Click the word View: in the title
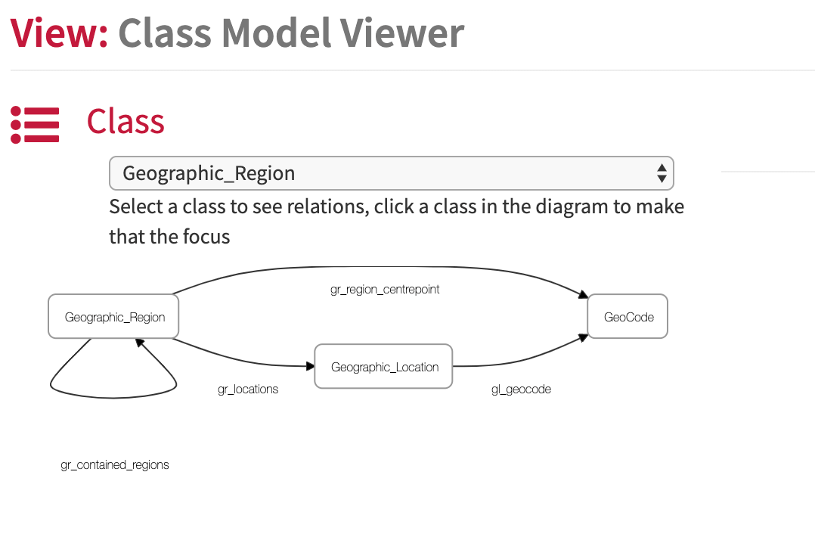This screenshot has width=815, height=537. tap(59, 33)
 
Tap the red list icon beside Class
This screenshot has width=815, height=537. tap(35, 125)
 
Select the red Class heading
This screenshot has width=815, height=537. tap(126, 122)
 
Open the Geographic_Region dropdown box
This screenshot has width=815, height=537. tap(392, 173)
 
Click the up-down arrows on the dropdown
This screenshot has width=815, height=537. tap(662, 173)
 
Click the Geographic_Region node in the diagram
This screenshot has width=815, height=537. tap(113, 317)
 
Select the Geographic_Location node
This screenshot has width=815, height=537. tap(383, 367)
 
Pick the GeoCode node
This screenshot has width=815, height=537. tap(628, 317)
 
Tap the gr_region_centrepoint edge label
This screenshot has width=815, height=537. tap(385, 290)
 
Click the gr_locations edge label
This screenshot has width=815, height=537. tap(248, 390)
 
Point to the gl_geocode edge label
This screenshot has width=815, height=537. tap(522, 390)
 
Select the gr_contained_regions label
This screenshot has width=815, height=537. tap(115, 464)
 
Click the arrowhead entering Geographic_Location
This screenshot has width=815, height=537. tap(310, 367)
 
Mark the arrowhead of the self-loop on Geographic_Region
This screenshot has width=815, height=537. tap(139, 343)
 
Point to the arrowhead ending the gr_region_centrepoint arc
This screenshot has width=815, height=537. tap(583, 295)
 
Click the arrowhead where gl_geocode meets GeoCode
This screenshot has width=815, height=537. tap(583, 338)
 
